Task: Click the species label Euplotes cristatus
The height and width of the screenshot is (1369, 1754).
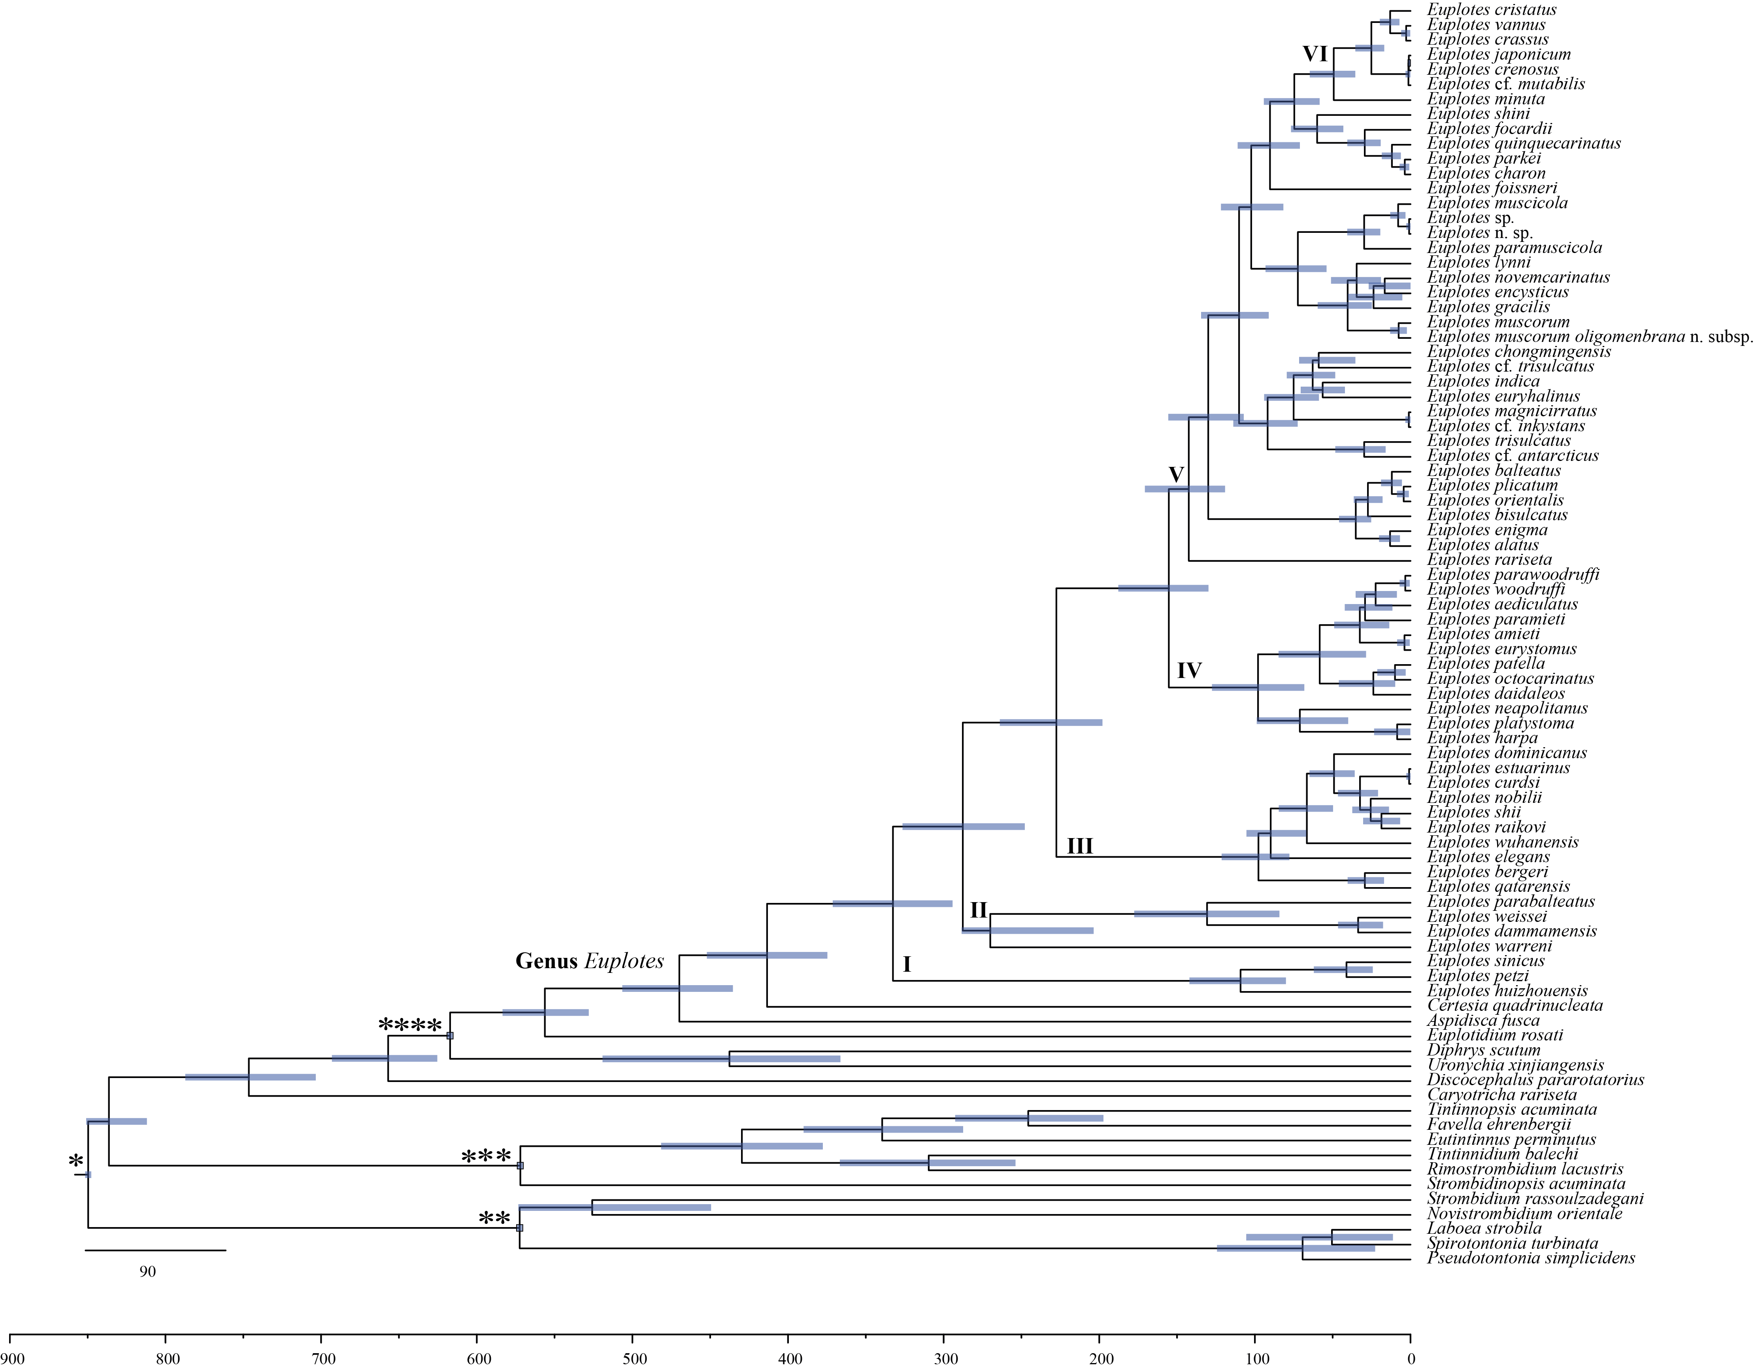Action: [1492, 9]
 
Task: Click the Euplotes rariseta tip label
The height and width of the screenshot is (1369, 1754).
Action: [1489, 560]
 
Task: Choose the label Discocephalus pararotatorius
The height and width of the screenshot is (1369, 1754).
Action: [1535, 1080]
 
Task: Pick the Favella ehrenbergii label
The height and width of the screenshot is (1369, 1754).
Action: [1499, 1125]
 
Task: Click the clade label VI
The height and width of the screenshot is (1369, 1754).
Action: [1315, 54]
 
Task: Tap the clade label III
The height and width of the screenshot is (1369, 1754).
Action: [1079, 846]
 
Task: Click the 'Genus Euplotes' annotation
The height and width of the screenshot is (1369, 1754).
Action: [590, 962]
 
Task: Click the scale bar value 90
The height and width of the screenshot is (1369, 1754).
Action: [148, 1272]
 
